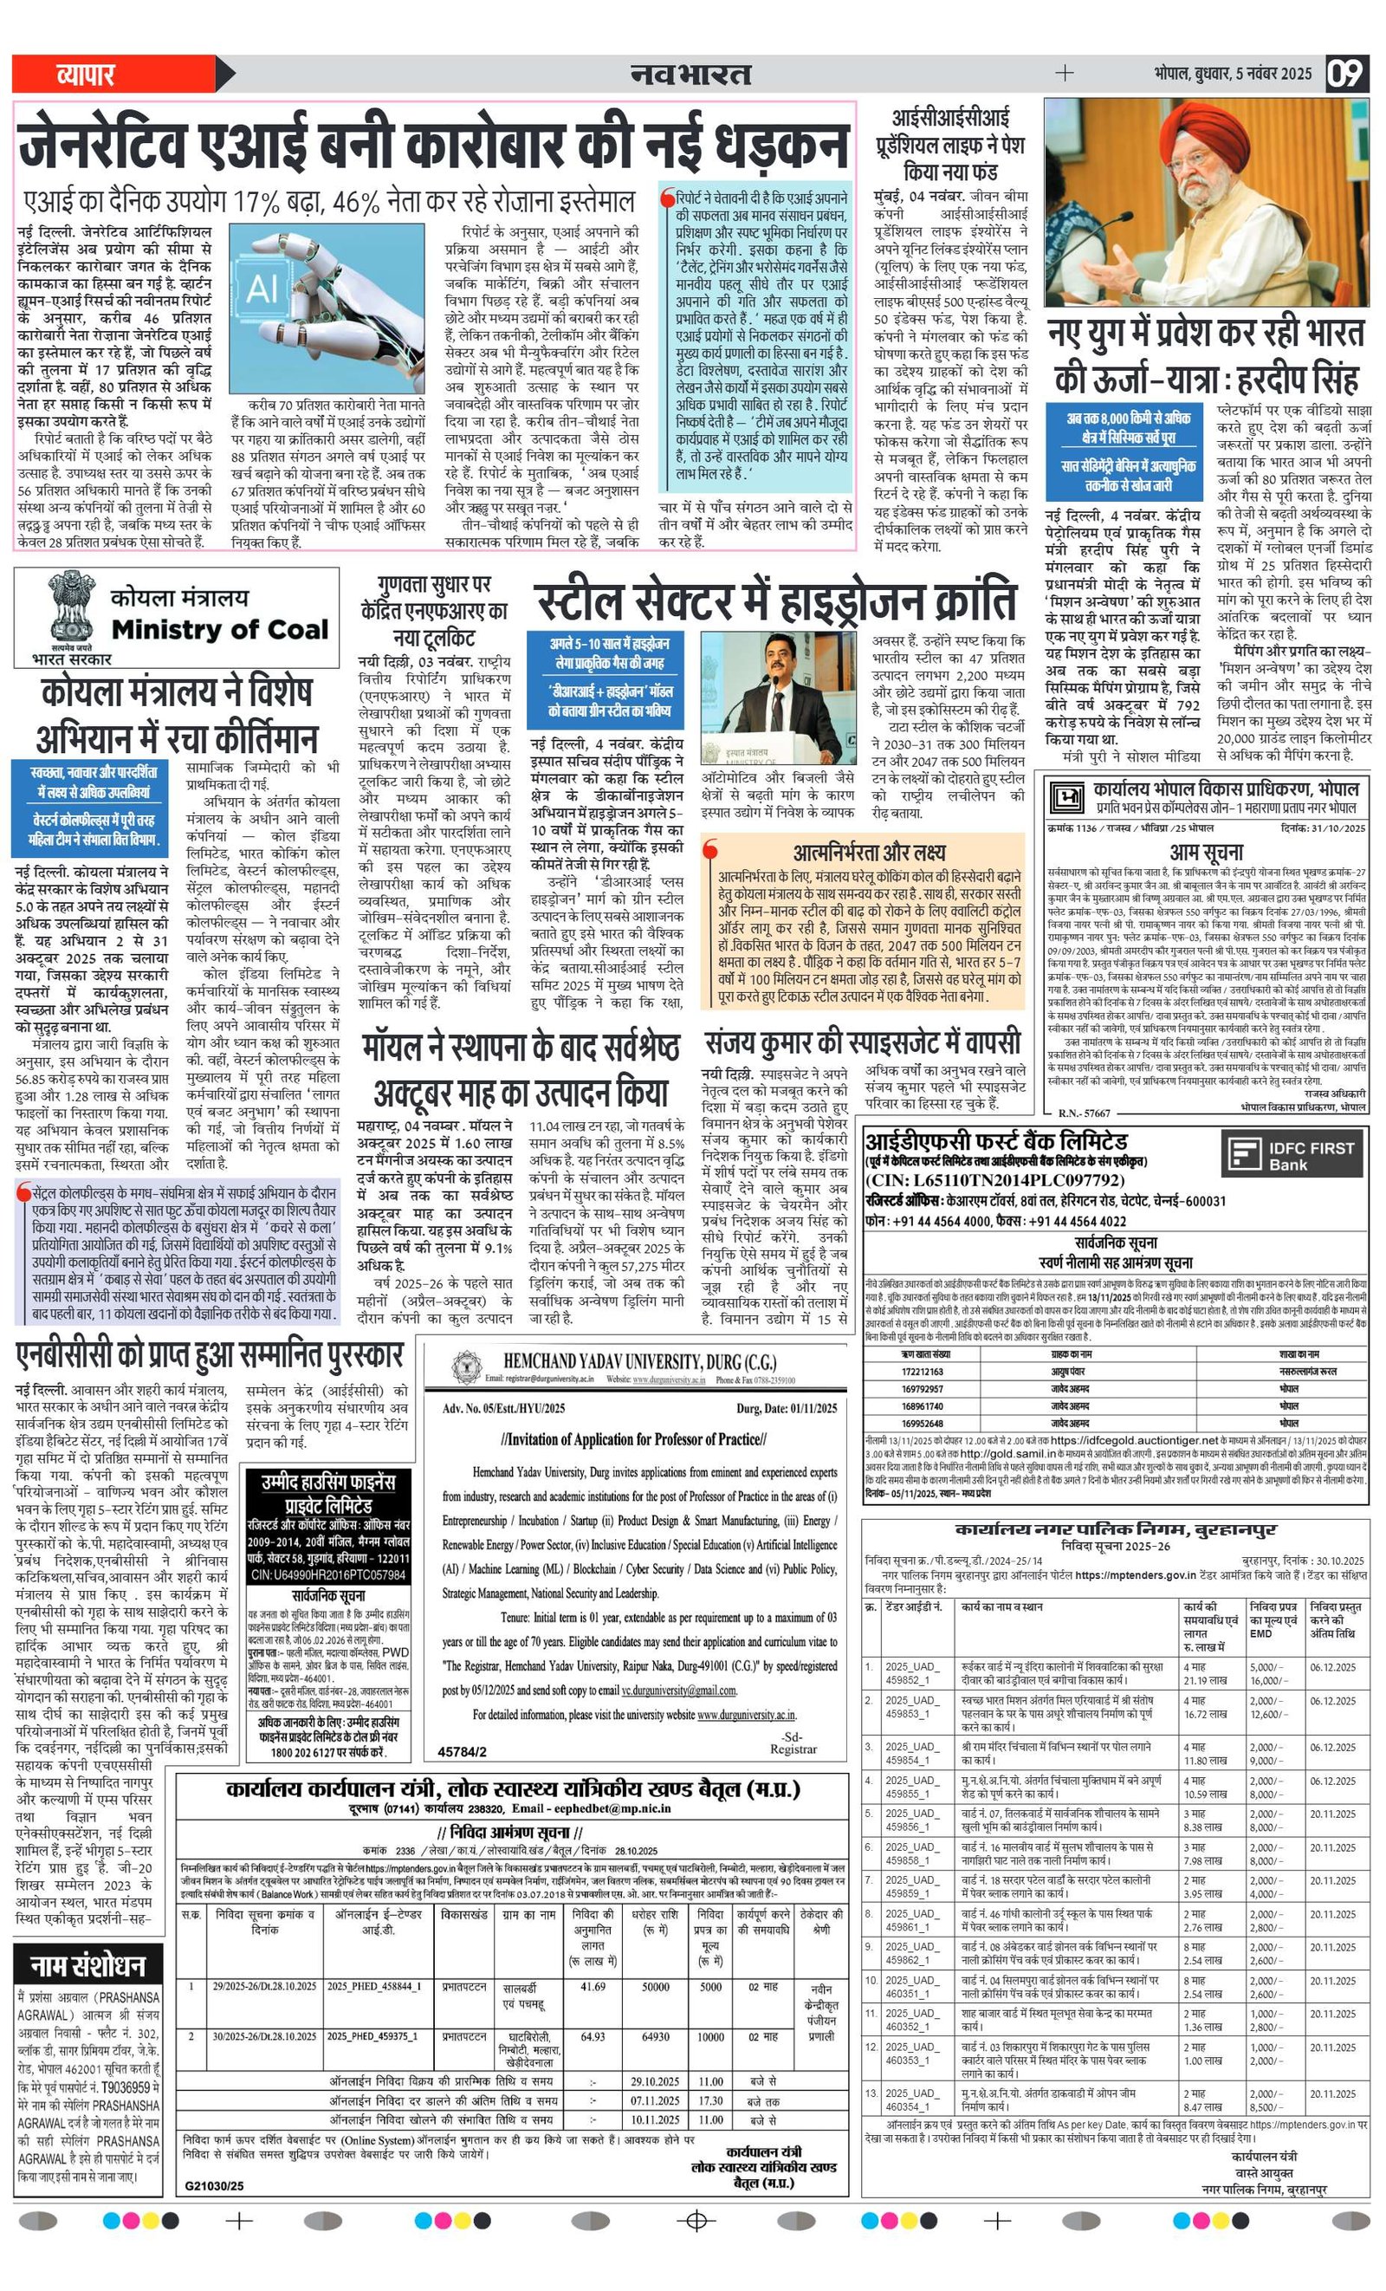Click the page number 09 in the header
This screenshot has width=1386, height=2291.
click(1344, 74)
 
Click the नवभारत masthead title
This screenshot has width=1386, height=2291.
click(690, 75)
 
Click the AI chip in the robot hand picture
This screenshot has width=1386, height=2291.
click(263, 288)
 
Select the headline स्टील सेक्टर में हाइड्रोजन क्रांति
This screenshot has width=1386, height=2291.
click(776, 601)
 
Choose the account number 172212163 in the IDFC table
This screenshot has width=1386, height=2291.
click(923, 1372)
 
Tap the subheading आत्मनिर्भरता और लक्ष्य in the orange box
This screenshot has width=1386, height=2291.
click(869, 852)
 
